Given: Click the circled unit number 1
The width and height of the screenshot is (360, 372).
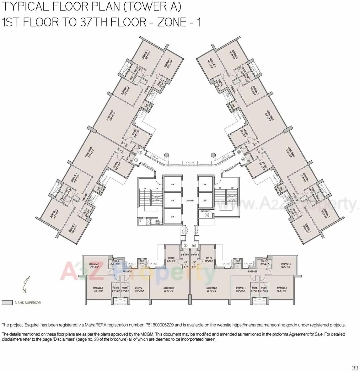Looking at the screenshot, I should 136,159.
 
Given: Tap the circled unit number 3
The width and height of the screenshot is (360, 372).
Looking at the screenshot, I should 239,152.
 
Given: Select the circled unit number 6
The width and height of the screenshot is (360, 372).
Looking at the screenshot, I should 185,245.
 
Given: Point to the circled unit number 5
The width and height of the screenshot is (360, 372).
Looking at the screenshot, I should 194,245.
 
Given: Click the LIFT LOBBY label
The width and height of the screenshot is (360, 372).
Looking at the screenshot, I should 190,200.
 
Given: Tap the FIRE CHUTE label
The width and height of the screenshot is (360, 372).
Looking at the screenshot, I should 205,212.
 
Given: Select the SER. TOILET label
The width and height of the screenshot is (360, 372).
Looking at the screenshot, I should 157,222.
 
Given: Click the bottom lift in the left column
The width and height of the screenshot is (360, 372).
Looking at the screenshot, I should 173,217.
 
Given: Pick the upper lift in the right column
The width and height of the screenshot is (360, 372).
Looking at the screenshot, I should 205,185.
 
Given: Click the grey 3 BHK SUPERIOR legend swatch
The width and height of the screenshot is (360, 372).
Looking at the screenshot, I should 7,303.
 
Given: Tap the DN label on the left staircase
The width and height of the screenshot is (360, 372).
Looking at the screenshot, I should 144,188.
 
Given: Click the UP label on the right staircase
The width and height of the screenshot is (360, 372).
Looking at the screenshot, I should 233,188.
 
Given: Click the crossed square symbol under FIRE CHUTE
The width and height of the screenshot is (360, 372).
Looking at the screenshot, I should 206,216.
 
